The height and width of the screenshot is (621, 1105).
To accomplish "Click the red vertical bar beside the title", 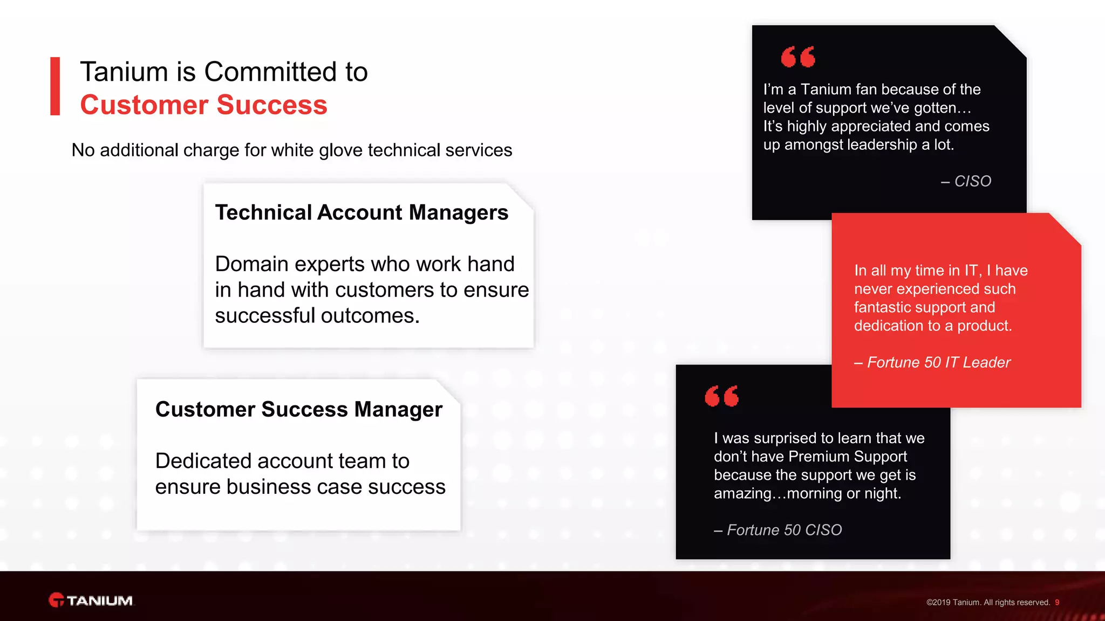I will click(x=55, y=86).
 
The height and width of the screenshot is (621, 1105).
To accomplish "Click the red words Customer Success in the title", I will click(x=203, y=105).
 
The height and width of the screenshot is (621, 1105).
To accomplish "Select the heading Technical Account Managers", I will click(x=361, y=212).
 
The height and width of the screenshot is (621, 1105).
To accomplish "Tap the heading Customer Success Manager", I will click(x=299, y=409).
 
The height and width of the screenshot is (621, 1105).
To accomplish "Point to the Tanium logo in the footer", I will click(x=91, y=600).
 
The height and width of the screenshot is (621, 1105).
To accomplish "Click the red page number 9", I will click(x=1057, y=602).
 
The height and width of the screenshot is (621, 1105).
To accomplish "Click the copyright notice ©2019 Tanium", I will click(x=988, y=602).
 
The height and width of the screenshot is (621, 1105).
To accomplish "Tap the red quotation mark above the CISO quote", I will click(x=798, y=57).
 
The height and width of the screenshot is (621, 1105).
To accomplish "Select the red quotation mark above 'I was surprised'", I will click(x=721, y=396).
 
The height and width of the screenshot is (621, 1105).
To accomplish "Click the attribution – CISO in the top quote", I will click(x=966, y=181).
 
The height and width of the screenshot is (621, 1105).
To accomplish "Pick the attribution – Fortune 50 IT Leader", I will click(x=932, y=362).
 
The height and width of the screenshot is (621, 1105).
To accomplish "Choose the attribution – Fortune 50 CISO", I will click(x=778, y=530).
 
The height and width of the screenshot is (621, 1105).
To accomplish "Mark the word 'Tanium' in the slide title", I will click(x=124, y=72).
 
